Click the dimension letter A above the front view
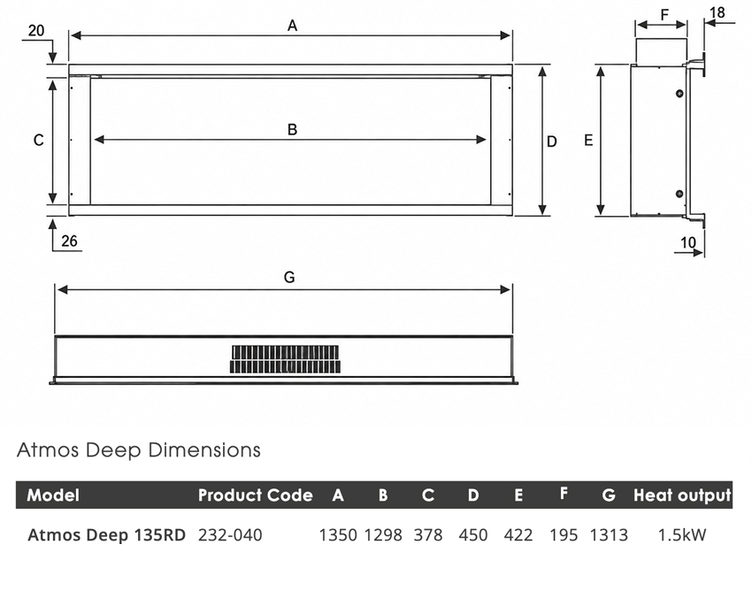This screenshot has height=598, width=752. (x=292, y=26)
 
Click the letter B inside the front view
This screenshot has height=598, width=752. (x=292, y=129)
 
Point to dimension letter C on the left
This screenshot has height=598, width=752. (x=38, y=140)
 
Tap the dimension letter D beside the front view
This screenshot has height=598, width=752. (x=552, y=142)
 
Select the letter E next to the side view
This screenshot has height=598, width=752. (x=588, y=140)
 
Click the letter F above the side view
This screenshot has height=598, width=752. (x=664, y=15)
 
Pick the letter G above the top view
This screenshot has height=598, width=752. (x=289, y=277)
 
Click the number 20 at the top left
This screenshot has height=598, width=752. (x=36, y=31)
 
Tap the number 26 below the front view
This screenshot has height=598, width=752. (x=69, y=241)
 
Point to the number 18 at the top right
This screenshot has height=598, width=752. (x=717, y=12)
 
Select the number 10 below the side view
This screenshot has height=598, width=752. (x=688, y=242)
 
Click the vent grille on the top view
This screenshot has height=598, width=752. (x=286, y=359)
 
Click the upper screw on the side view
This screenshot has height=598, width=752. (x=679, y=93)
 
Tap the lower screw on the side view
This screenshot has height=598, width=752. (x=679, y=194)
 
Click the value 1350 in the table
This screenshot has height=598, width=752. (x=338, y=534)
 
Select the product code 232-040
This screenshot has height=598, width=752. (x=230, y=534)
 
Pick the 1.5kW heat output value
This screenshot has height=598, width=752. (x=682, y=534)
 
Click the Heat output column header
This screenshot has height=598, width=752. (x=682, y=495)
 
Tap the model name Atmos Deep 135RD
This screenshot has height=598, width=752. (x=106, y=534)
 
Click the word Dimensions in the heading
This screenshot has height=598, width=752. (x=204, y=449)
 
